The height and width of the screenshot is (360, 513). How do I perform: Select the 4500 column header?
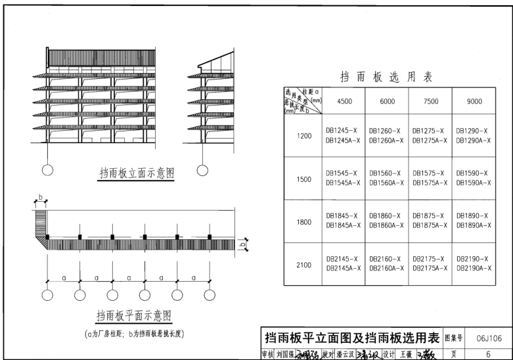(344, 101)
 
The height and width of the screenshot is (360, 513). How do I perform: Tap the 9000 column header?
(474, 101)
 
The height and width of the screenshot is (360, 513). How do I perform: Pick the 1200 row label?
(303, 135)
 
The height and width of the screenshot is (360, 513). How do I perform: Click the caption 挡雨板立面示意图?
(137, 173)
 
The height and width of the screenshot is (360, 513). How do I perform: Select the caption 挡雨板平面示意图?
(133, 315)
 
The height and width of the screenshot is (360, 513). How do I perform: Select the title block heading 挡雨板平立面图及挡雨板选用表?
(351, 339)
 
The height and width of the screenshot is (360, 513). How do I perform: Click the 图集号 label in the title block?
(455, 339)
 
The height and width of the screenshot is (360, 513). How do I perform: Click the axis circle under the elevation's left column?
(48, 172)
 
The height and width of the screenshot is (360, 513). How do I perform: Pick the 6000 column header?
(386, 101)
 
